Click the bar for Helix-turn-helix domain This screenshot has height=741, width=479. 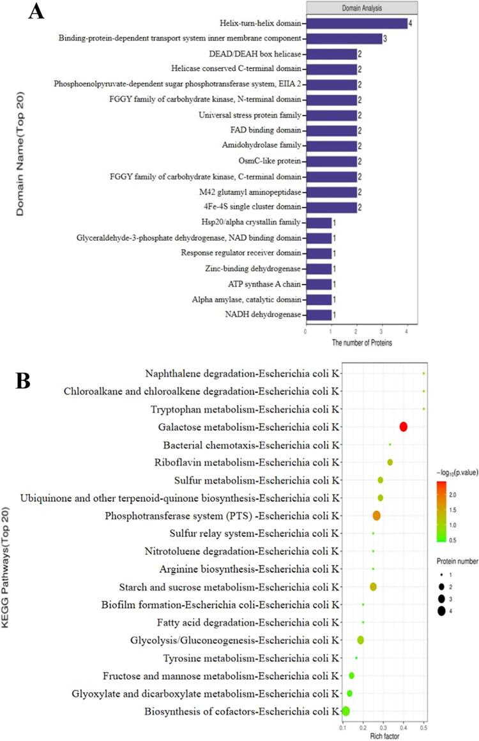tap(356, 24)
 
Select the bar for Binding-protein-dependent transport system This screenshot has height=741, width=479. tap(344, 39)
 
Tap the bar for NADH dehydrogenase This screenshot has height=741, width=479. tap(318, 314)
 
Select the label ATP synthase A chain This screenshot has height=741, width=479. tap(268, 283)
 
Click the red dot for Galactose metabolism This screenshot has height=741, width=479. tap(403, 427)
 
